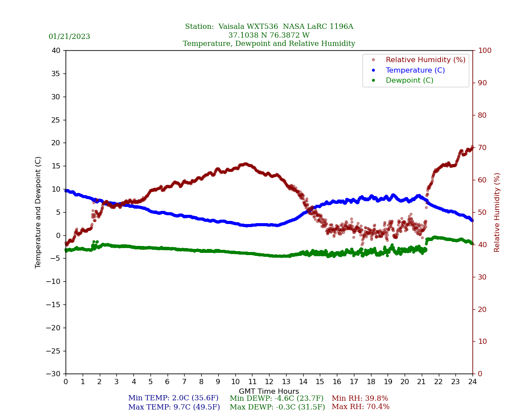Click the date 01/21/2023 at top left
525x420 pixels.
coord(69,37)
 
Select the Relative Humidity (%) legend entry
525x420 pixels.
coord(425,60)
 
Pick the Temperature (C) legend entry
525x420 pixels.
coord(415,70)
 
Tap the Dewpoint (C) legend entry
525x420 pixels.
coord(409,80)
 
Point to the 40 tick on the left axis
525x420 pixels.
coord(56,51)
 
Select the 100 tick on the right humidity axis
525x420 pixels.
coord(484,51)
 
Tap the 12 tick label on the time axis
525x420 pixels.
coord(269,382)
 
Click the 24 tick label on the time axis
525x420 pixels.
coord(472,382)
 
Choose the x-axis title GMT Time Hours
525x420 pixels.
coord(269,392)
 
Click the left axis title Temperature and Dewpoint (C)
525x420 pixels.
coord(38,212)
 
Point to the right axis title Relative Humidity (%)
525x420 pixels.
coord(497,212)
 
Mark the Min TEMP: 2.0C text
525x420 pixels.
coord(173,399)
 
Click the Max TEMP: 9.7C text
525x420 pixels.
coord(174,407)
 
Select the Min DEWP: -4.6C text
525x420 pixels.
coord(276,399)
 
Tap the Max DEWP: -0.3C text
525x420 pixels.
coord(277,407)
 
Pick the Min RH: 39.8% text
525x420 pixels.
coord(360,399)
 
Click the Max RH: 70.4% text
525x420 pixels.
coord(360,407)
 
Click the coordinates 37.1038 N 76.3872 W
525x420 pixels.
coord(269,35)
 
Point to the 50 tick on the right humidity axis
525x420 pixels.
coord(482,212)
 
